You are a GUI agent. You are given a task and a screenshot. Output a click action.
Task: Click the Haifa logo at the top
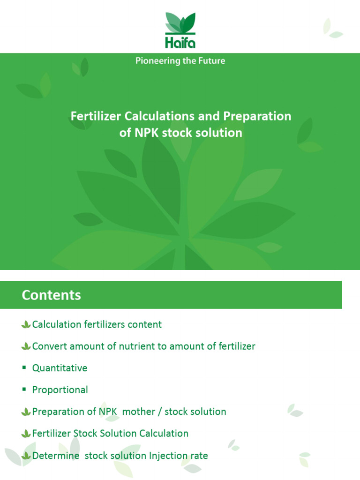click(x=180, y=30)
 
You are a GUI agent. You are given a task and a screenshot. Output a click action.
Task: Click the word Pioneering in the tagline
click(x=156, y=61)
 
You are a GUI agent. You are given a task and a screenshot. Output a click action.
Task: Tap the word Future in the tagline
click(x=211, y=61)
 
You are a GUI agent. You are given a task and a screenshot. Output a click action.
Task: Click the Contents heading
click(x=51, y=295)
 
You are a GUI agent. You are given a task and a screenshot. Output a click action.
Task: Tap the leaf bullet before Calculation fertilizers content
click(x=26, y=324)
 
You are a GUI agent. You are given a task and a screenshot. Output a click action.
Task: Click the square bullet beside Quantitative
click(x=24, y=367)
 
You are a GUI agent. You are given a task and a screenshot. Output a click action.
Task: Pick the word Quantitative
click(x=60, y=368)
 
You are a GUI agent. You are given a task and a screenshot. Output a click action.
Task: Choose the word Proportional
click(x=60, y=390)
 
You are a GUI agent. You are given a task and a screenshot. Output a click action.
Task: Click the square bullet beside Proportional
click(x=24, y=390)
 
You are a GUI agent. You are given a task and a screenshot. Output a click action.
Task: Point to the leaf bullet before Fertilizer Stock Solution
click(x=26, y=434)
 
